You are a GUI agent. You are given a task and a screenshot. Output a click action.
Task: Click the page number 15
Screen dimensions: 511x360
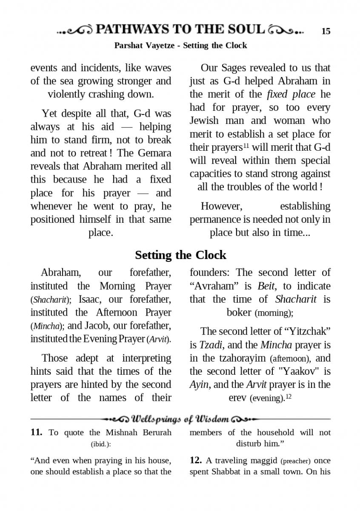click(x=326, y=31)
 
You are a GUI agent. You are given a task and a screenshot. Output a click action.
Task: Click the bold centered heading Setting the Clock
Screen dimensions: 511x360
click(x=180, y=255)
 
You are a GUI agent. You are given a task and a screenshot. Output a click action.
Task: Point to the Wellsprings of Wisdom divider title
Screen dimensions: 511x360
click(x=180, y=419)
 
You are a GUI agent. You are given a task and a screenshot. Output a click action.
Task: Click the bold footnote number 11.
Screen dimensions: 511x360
click(x=36, y=433)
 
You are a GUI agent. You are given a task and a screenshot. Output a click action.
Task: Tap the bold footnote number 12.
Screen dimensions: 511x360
click(x=195, y=460)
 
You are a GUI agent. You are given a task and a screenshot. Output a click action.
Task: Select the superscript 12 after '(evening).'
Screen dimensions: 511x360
click(x=288, y=396)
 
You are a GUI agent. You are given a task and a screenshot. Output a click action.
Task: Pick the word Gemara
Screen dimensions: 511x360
click(x=155, y=153)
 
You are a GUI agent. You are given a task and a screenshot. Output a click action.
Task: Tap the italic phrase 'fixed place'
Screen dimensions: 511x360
click(x=291, y=94)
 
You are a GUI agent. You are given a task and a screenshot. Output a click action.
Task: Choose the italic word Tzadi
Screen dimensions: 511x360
click(x=211, y=345)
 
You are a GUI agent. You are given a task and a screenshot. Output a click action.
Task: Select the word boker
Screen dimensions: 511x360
click(x=239, y=312)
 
